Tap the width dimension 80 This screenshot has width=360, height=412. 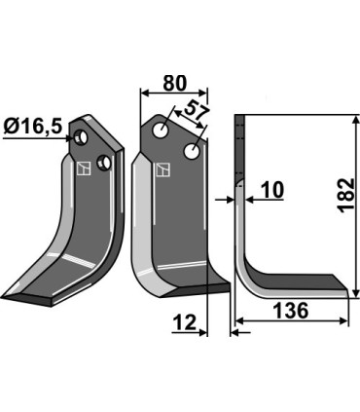175,84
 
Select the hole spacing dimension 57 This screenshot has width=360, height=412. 198,115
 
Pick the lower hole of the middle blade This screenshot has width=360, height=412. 194,151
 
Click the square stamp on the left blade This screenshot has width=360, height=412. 87,168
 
